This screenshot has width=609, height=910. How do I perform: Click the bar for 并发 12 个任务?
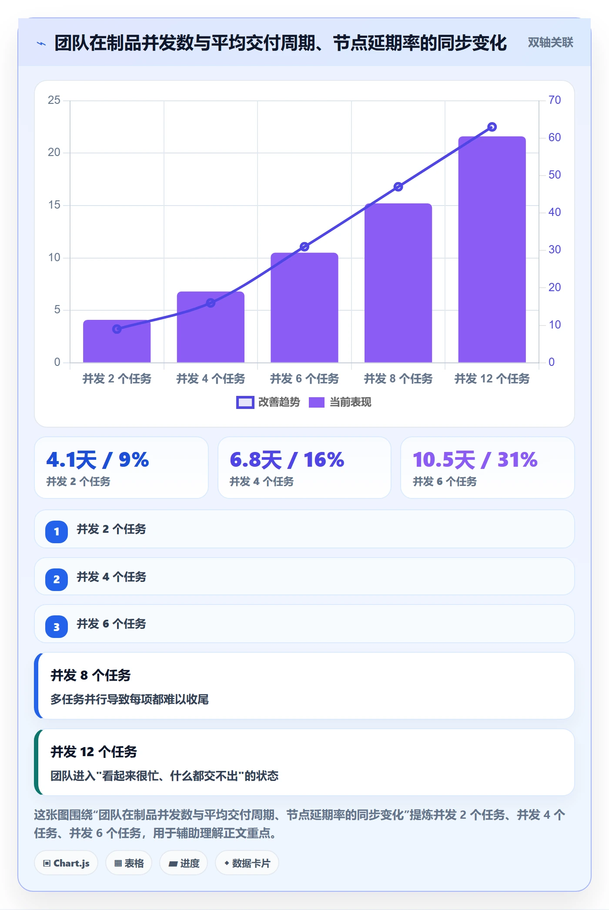click(492, 249)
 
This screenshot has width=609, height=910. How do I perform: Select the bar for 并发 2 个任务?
click(117, 341)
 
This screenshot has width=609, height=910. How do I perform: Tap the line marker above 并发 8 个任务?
click(398, 187)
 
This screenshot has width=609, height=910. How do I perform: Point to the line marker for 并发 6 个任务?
click(304, 247)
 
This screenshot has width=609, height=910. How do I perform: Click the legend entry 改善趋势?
click(268, 402)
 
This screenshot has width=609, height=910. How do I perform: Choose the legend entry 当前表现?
click(340, 402)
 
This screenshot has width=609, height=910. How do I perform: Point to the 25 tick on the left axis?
click(54, 100)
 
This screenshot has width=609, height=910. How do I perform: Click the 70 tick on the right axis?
click(555, 100)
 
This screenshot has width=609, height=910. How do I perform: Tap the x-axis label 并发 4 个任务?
click(211, 379)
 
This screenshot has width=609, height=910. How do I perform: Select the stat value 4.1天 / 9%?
click(98, 460)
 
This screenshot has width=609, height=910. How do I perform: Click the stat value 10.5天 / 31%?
click(475, 460)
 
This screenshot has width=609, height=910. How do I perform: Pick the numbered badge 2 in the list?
click(57, 579)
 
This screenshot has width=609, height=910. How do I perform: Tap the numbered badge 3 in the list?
click(57, 627)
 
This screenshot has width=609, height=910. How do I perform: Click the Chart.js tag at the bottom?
click(66, 863)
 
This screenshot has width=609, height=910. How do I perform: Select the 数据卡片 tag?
click(247, 863)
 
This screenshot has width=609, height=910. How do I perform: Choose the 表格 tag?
click(129, 863)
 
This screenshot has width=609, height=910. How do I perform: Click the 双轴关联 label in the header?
click(550, 43)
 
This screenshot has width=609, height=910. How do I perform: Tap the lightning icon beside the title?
click(41, 43)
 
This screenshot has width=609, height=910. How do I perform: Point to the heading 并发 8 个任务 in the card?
click(90, 675)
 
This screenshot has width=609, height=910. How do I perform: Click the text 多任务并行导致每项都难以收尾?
click(130, 699)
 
